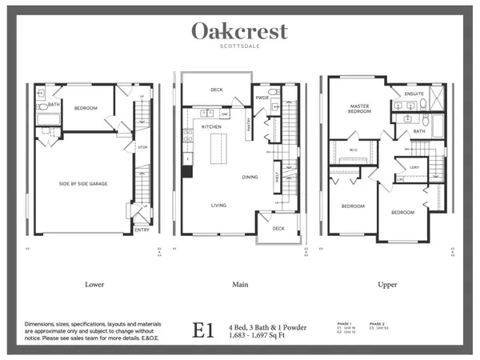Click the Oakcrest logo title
point(239,32)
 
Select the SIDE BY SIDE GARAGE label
point(83,184)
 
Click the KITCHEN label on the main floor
point(211,127)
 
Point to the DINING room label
point(250,177)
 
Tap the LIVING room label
point(219,205)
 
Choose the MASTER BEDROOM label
point(362,110)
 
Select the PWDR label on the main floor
point(262,98)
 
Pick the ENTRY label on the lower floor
point(142,231)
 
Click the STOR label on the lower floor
point(142,147)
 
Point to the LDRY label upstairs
point(414,167)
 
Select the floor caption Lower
point(94,285)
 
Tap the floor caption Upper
point(388,285)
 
